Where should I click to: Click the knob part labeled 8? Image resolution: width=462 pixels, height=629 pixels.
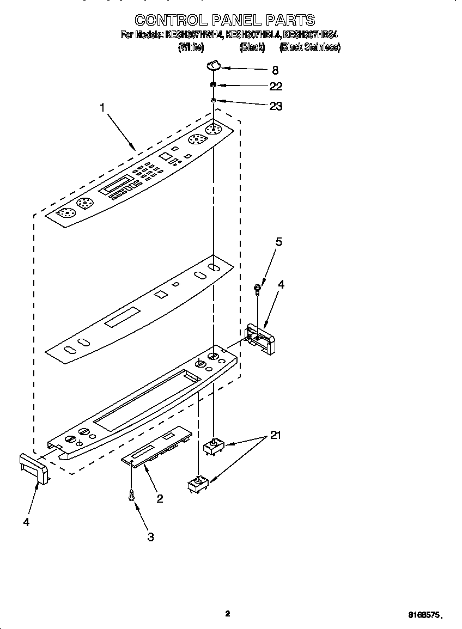tap(213, 65)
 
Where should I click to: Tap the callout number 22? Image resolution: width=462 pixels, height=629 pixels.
tap(276, 87)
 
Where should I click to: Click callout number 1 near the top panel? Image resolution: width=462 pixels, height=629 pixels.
tap(102, 108)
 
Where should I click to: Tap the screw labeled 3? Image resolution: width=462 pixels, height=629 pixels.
tap(131, 495)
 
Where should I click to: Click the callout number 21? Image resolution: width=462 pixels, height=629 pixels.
tap(276, 436)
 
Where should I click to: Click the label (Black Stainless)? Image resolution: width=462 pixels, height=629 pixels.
tap(309, 47)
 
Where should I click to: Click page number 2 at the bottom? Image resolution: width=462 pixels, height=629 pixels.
tap(228, 614)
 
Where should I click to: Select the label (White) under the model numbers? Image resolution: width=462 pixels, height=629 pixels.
tap(191, 47)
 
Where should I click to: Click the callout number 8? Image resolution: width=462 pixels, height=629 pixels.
tap(275, 70)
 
